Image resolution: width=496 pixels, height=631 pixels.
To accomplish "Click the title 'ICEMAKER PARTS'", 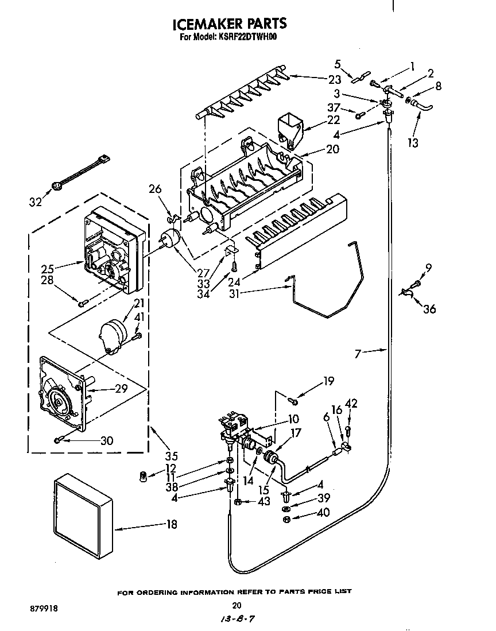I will [x=230, y=24].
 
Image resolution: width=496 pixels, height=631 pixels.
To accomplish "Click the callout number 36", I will [x=429, y=309].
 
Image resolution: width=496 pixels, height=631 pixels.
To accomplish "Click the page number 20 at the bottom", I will [x=237, y=605].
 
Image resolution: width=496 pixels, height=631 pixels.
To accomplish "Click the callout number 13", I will [x=413, y=142].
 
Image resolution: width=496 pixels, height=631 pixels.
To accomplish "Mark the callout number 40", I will [x=323, y=513].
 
